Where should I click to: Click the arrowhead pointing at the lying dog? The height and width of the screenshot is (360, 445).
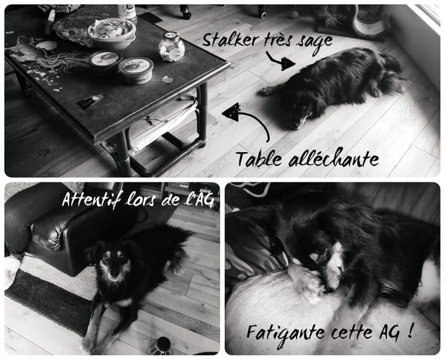click(287, 64)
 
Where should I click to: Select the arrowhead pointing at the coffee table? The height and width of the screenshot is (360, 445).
click(231, 112)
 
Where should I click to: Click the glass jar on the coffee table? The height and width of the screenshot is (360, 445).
click(172, 47)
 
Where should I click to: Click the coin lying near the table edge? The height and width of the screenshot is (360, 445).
click(167, 80)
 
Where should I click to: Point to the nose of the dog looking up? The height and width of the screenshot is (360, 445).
click(114, 274)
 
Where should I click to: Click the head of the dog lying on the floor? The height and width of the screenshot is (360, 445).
click(299, 117)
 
